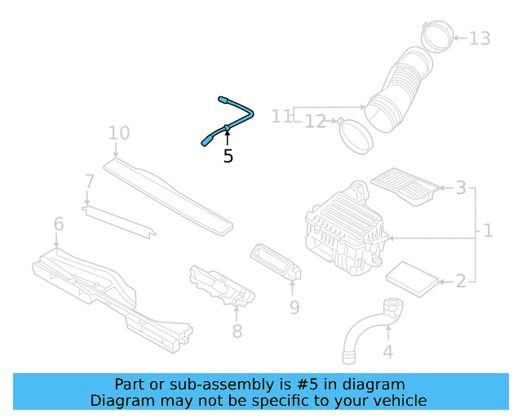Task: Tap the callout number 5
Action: coord(228,156)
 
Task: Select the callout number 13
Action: coord(480,38)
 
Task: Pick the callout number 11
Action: coord(281,117)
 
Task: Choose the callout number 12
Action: coord(316,122)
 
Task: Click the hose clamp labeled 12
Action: coord(356,135)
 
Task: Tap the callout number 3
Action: coord(461,189)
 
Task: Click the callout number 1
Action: coord(488,231)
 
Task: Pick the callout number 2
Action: coord(461,282)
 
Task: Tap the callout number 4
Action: coord(387,352)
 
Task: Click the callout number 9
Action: coord(294,307)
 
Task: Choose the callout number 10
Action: coord(118,132)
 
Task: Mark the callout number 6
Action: coord(59,224)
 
